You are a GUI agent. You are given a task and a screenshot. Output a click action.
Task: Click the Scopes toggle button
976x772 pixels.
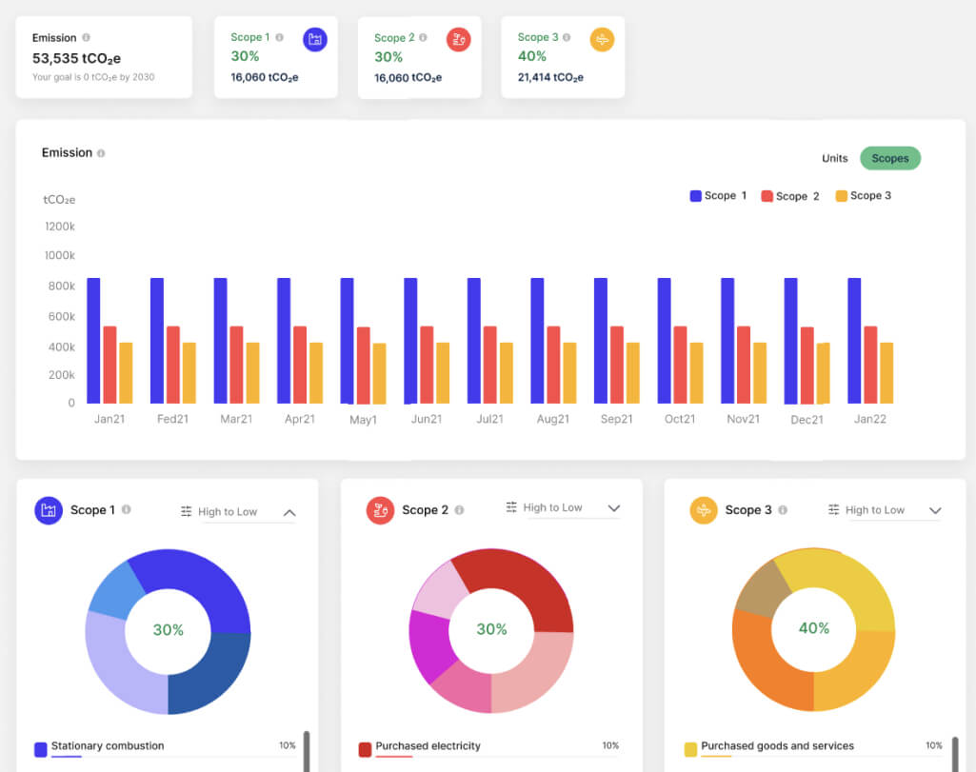click(x=890, y=158)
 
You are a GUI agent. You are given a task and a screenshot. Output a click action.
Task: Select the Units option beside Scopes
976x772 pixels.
click(x=835, y=158)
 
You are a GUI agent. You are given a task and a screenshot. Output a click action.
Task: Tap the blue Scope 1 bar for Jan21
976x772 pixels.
click(x=93, y=340)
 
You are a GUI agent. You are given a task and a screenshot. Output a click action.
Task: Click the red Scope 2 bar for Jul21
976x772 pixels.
click(x=489, y=365)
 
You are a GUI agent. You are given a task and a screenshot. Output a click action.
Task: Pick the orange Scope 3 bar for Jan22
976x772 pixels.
click(x=886, y=372)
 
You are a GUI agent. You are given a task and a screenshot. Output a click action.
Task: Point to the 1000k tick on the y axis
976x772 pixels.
click(x=60, y=255)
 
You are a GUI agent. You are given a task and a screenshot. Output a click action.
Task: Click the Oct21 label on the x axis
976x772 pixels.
click(x=680, y=419)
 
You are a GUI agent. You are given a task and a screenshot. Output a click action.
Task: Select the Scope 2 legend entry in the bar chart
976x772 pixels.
click(x=790, y=196)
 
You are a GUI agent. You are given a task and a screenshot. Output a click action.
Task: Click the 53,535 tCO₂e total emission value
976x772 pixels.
click(x=76, y=58)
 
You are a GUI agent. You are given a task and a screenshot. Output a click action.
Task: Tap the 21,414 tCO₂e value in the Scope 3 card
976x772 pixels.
click(x=551, y=77)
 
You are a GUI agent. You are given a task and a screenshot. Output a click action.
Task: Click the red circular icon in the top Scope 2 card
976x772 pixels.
click(x=459, y=40)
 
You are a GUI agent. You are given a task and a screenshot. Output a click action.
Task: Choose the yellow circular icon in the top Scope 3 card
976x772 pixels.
click(x=602, y=40)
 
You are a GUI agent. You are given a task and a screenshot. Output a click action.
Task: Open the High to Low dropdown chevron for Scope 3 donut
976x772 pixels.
click(x=935, y=511)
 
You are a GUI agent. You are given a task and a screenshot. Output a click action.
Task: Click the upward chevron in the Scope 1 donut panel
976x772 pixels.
click(x=289, y=512)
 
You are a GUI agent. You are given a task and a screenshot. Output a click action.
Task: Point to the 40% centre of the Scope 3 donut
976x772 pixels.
click(x=814, y=628)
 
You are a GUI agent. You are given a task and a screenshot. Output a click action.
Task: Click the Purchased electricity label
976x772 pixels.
click(x=428, y=745)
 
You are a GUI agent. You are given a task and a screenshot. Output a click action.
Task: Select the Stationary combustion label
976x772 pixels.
click(x=108, y=745)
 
